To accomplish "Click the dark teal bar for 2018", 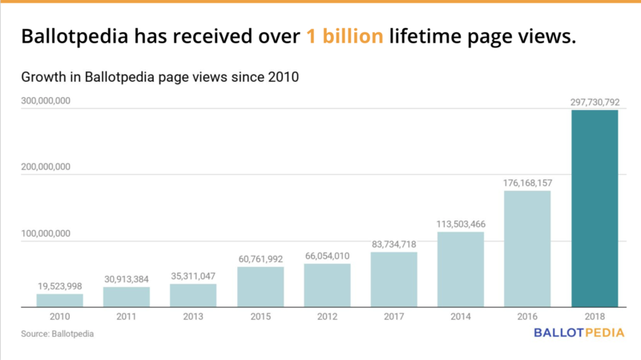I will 594,208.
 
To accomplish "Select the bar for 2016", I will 527,249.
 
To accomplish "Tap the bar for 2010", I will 59,301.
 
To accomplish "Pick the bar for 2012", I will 327,285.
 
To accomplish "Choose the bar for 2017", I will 393,280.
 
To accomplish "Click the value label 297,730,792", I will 594,102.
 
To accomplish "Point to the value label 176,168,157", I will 527,183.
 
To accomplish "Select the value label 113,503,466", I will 460,224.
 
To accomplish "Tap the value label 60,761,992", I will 260,259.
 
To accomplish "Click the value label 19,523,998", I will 59,286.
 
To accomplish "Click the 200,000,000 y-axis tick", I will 47,167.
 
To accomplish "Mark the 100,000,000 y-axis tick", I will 47,233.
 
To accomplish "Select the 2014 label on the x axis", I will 460,316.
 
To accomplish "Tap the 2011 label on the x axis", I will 127,316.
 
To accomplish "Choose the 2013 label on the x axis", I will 193,316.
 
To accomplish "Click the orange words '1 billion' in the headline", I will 344,36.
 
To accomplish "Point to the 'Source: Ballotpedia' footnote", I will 54,332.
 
